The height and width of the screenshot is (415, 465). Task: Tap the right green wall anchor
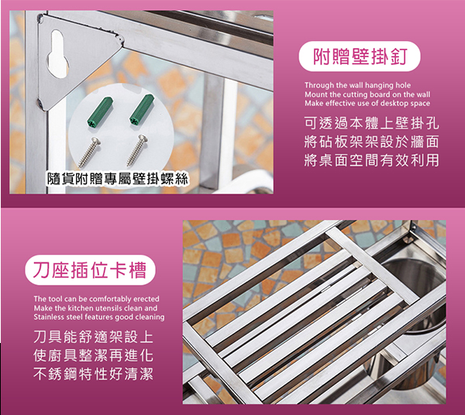coord(142,109)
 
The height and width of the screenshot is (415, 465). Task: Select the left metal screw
coord(89,153)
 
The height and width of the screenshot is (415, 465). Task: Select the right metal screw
coord(137,150)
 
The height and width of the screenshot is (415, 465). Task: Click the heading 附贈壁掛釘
coord(360,57)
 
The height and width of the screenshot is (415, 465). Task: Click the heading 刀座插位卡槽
coord(90,270)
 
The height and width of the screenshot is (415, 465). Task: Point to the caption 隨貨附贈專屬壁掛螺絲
coord(118,179)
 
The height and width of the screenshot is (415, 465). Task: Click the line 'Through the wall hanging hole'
coord(357,85)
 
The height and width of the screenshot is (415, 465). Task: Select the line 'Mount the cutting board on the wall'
coord(367,94)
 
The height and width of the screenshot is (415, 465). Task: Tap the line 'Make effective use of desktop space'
coord(367,104)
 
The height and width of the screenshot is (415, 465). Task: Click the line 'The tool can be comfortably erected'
coord(96,299)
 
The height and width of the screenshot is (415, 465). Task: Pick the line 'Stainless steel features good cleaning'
coord(99,317)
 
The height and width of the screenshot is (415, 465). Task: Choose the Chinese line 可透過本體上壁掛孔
coord(371,123)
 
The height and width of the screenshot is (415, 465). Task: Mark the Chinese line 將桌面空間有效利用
coord(371,160)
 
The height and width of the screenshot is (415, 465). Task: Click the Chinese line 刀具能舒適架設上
coord(94,337)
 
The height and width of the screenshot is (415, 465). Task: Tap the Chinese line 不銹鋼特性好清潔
coord(94,374)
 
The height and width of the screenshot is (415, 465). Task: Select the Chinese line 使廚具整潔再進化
coord(94,355)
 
